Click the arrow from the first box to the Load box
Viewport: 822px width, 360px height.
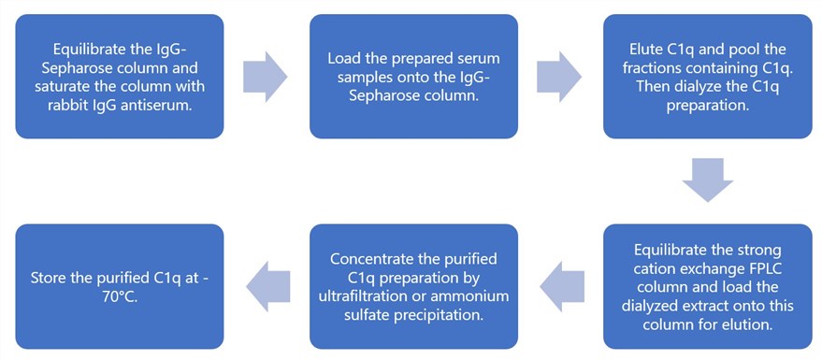click(267, 76)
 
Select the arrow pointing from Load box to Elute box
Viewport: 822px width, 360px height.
click(560, 76)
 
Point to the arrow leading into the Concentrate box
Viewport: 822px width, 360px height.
click(558, 286)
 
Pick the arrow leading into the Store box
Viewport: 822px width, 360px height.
click(266, 286)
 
